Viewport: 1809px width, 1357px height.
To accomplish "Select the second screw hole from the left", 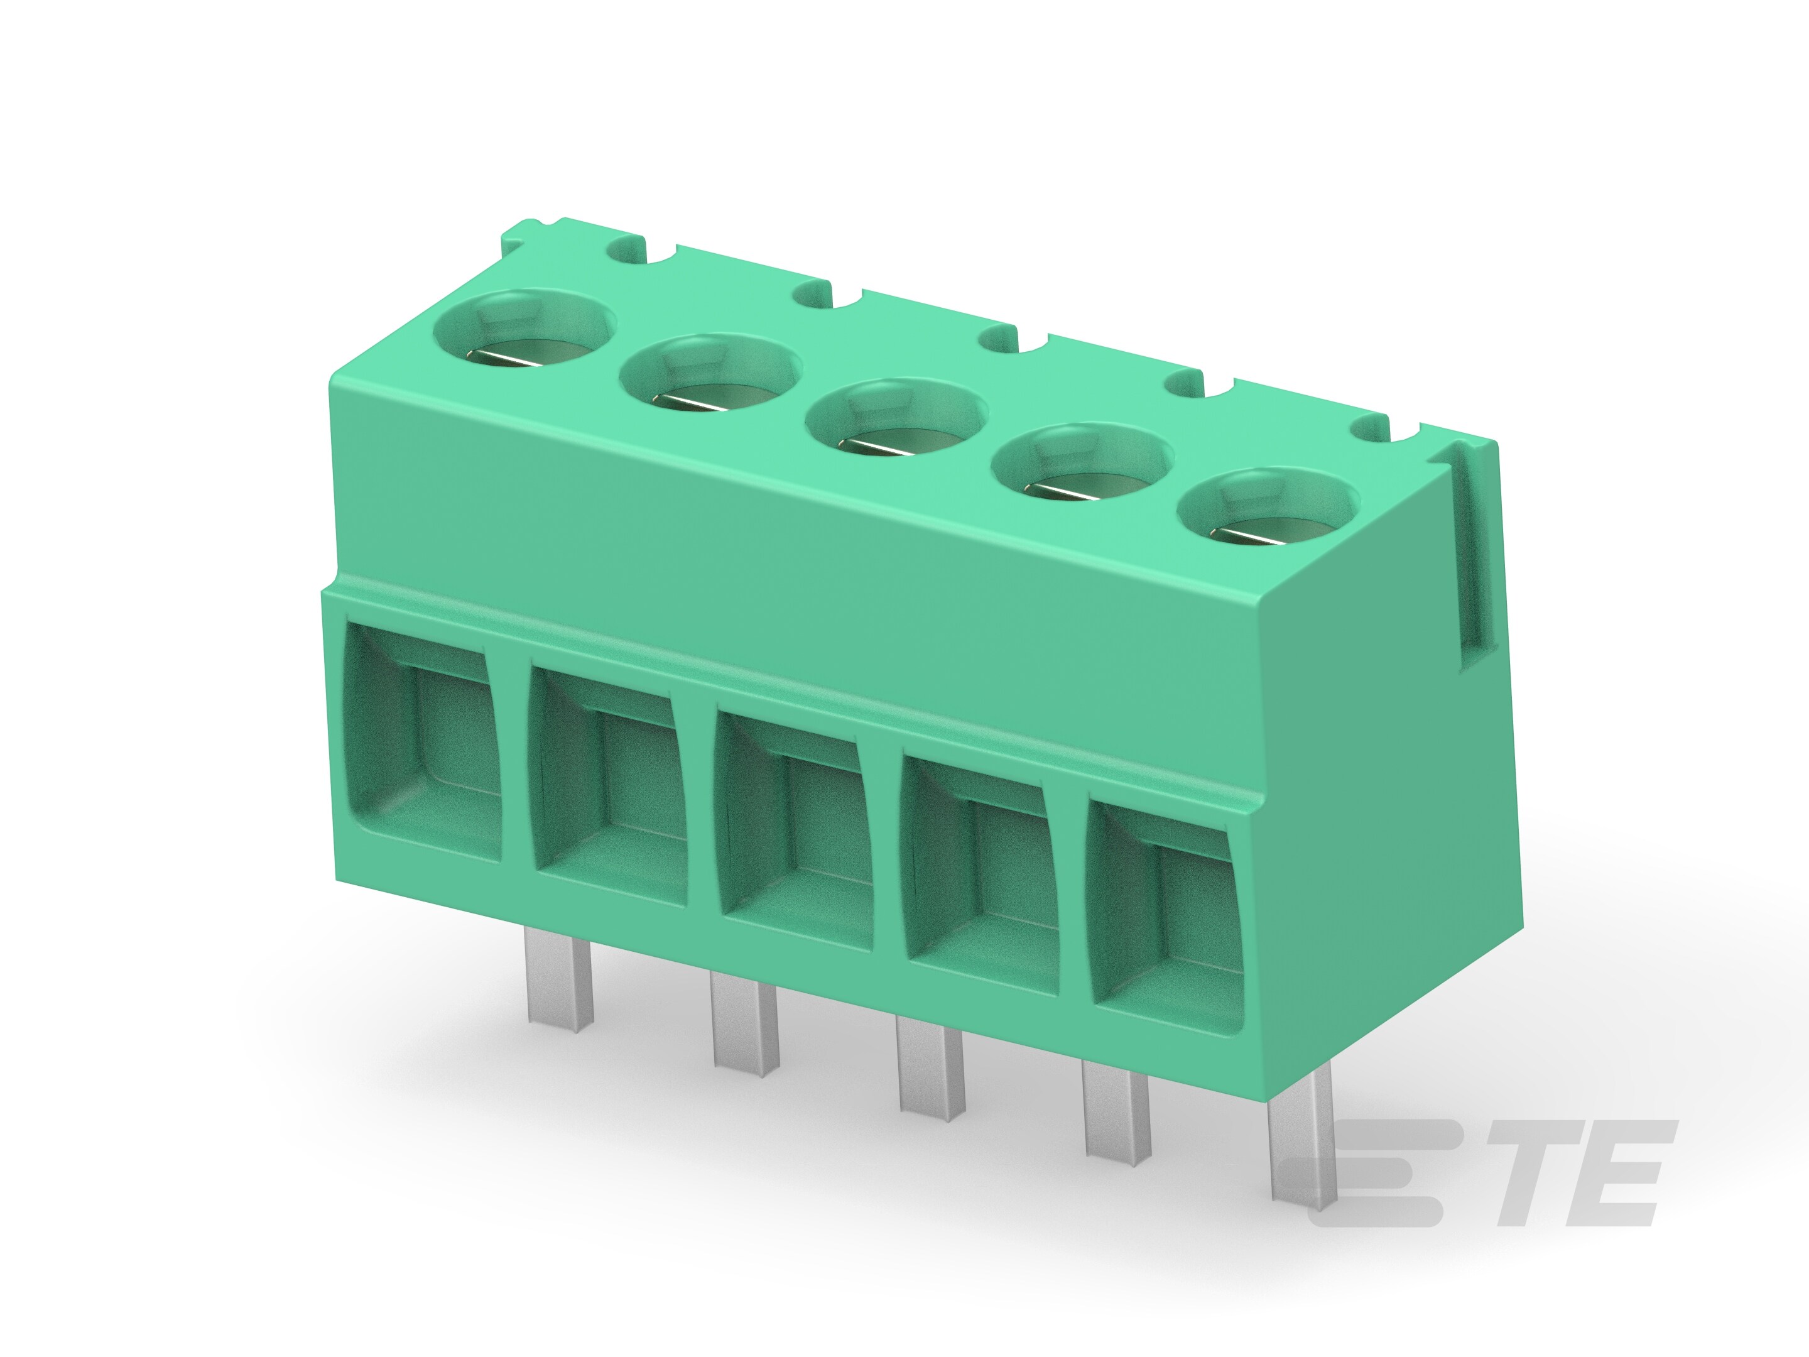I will click(709, 379).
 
